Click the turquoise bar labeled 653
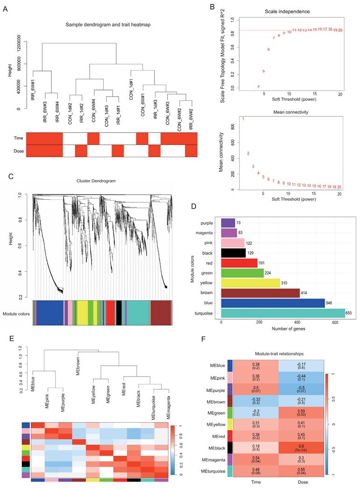pyautogui.click(x=283, y=313)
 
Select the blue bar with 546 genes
pyautogui.click(x=273, y=303)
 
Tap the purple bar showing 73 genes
pyautogui.click(x=228, y=223)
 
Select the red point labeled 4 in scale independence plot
pyautogui.click(x=258, y=86)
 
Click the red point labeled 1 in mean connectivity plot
pyautogui.click(x=243, y=119)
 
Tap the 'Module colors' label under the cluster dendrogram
pyautogui.click(x=16, y=314)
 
